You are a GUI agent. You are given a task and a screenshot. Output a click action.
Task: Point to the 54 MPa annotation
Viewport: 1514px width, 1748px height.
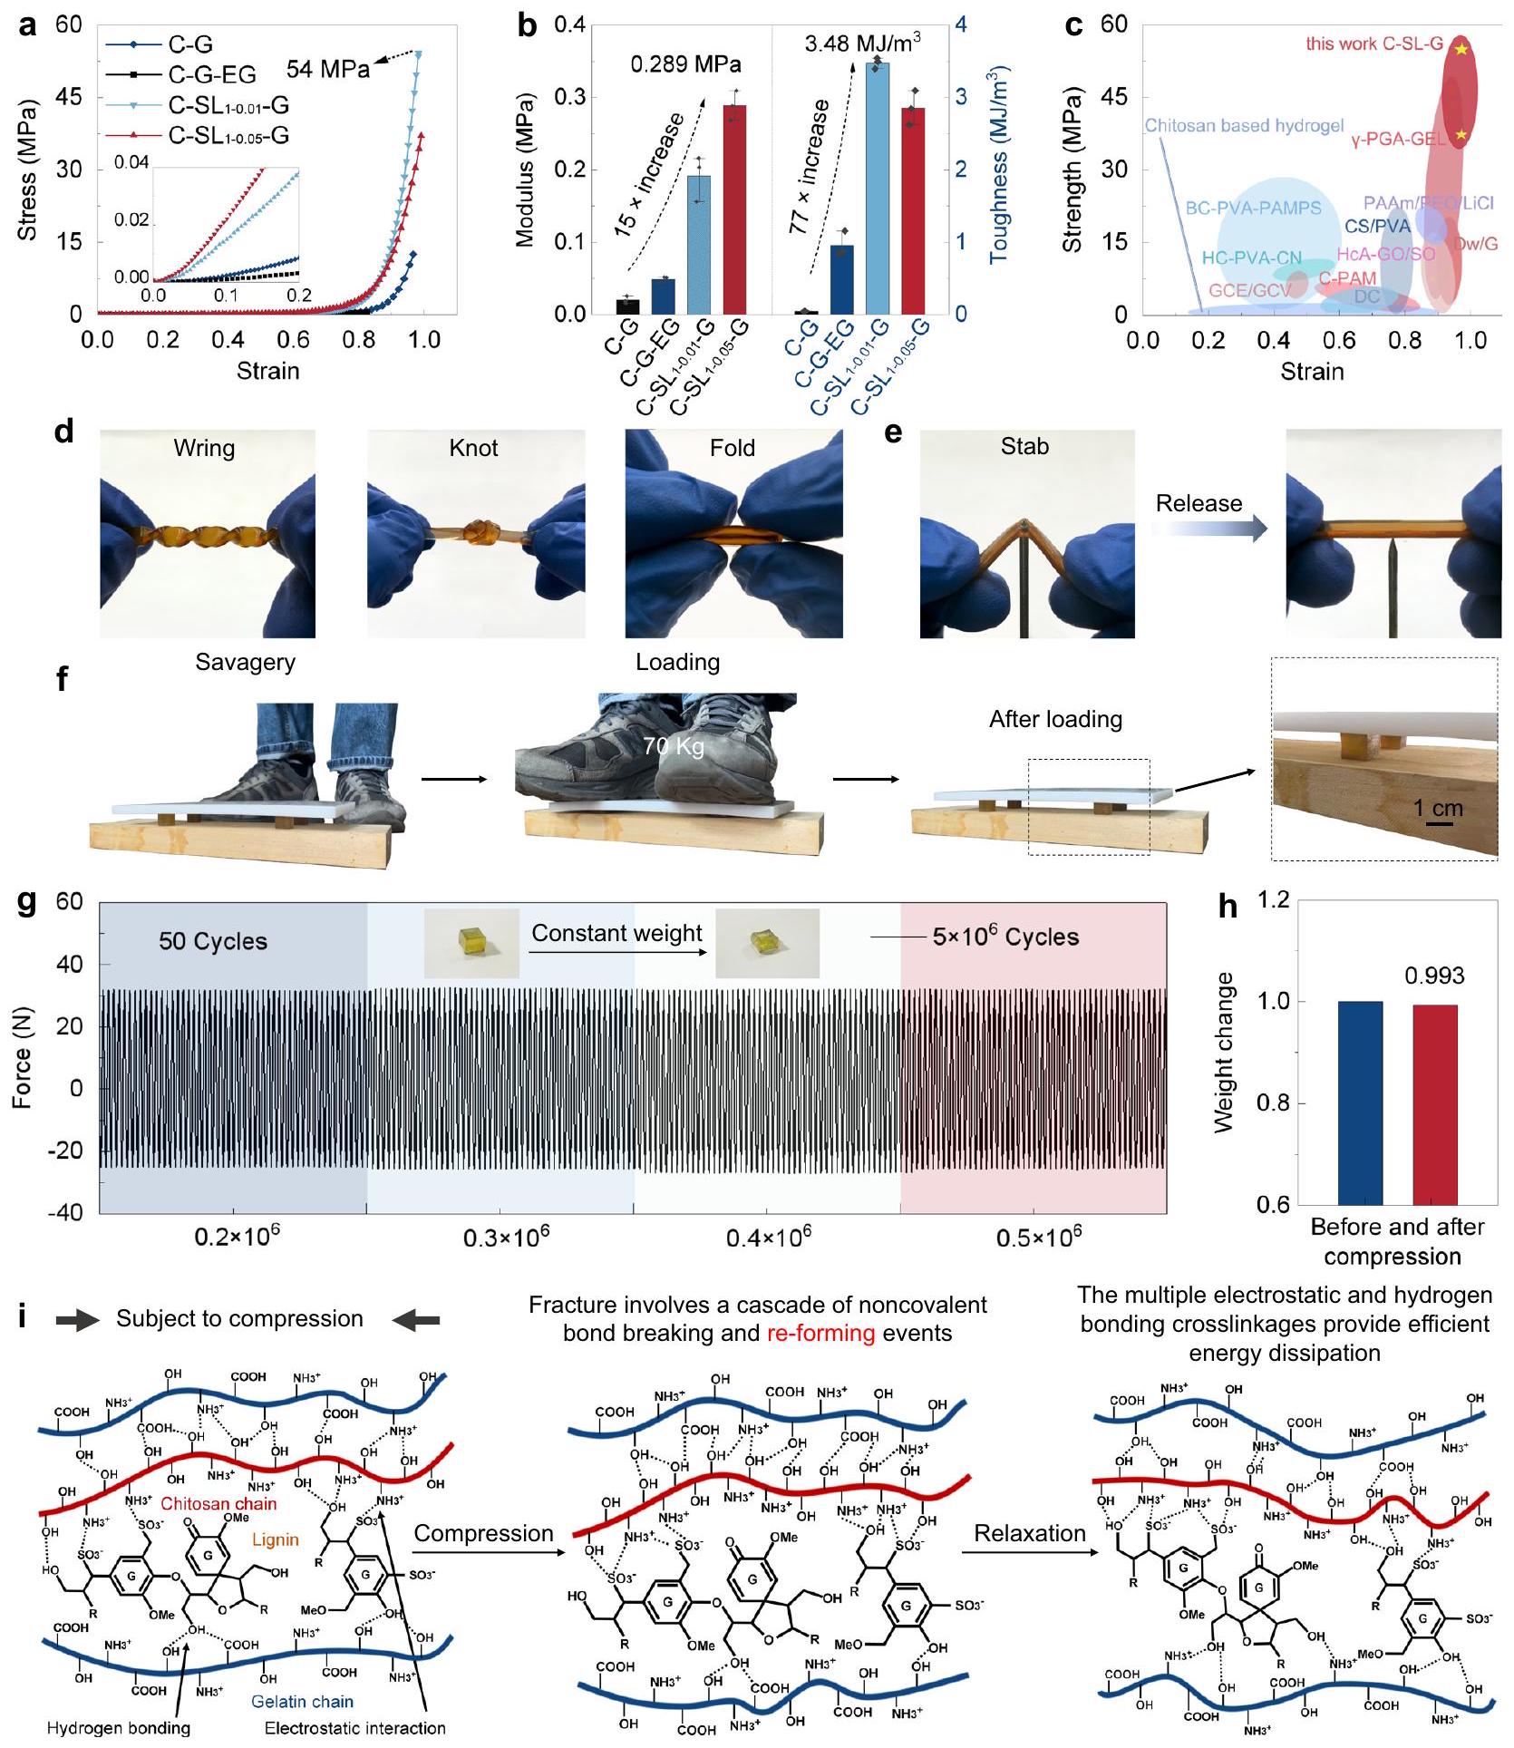[x=327, y=70]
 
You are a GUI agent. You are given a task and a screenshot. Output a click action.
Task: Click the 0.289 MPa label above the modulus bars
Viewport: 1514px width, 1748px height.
[x=685, y=64]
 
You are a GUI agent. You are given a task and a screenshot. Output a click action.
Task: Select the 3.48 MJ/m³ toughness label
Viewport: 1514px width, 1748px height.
[x=862, y=43]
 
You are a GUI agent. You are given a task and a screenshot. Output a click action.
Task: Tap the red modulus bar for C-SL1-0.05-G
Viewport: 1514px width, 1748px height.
[x=733, y=209]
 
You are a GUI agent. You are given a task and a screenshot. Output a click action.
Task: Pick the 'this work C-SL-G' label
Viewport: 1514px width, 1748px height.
[x=1373, y=44]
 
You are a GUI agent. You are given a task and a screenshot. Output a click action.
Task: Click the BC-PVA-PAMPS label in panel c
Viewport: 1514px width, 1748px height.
[x=1253, y=208]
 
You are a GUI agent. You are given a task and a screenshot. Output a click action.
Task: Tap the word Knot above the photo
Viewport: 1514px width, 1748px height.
[x=473, y=448]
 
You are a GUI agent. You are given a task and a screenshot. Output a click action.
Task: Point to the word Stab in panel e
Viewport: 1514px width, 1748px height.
[x=1024, y=446]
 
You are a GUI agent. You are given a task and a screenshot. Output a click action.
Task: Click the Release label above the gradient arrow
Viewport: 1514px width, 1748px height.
[x=1199, y=503]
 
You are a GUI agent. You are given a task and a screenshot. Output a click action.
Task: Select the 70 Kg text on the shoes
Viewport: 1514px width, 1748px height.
[x=673, y=746]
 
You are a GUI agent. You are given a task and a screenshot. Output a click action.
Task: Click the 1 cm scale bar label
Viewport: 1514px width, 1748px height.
[x=1439, y=807]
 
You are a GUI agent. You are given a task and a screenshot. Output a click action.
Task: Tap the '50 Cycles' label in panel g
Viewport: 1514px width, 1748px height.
[x=213, y=941]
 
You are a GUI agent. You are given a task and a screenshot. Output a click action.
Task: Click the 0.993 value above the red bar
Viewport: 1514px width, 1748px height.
[x=1434, y=976]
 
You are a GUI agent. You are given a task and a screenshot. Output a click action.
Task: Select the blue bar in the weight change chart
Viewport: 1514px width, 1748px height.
[x=1360, y=1102]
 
